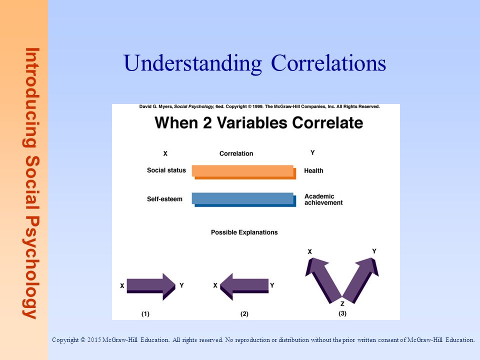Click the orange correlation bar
pos(244,172)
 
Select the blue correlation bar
pos(244,199)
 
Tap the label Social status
pos(166,170)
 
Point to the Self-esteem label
pos(164,199)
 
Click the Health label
pos(313,170)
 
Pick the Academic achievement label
pos(323,199)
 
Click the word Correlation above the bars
pos(236,153)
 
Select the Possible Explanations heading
pos(244,232)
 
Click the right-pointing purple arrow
pos(151,286)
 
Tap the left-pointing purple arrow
pos(244,286)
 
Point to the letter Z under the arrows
pos(342,303)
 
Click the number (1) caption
pos(145,314)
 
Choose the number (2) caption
pos(244,314)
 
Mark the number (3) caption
pos(342,313)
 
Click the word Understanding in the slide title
pos(192,63)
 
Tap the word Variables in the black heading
pos(252,123)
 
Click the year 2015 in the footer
pos(94,340)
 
